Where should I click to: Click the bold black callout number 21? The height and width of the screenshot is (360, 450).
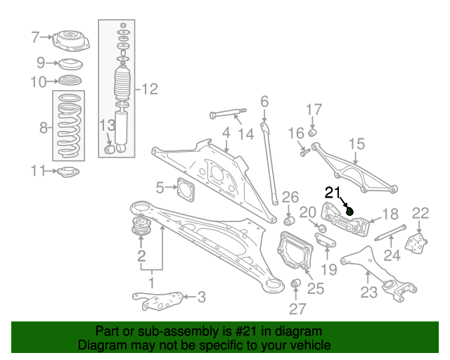tap(333, 193)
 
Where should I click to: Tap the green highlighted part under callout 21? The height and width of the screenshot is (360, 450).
tap(349, 212)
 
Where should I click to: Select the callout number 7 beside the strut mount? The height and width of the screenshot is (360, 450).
tap(35, 37)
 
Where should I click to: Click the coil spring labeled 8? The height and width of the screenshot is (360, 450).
tap(69, 126)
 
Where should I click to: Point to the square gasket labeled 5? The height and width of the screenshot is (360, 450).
tap(186, 189)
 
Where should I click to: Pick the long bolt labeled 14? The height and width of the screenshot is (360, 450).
tap(229, 114)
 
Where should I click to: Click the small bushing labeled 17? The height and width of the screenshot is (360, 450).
tap(312, 133)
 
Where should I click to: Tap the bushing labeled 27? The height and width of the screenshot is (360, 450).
tap(295, 283)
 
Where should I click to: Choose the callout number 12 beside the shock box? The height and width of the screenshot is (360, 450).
tap(150, 89)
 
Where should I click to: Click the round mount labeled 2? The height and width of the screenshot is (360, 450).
tap(141, 226)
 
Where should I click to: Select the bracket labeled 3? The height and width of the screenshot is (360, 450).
tap(157, 300)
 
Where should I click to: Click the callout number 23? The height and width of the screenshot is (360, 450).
tap(368, 292)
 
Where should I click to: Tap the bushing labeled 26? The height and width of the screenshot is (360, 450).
tap(289, 221)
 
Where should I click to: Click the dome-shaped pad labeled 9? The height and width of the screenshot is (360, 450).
tap(70, 64)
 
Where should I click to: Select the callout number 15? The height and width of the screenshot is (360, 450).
tap(356, 144)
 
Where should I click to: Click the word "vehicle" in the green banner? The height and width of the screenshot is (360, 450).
tap(312, 345)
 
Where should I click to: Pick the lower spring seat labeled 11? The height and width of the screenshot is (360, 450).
tap(68, 172)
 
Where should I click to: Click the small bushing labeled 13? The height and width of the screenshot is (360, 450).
tap(109, 149)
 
